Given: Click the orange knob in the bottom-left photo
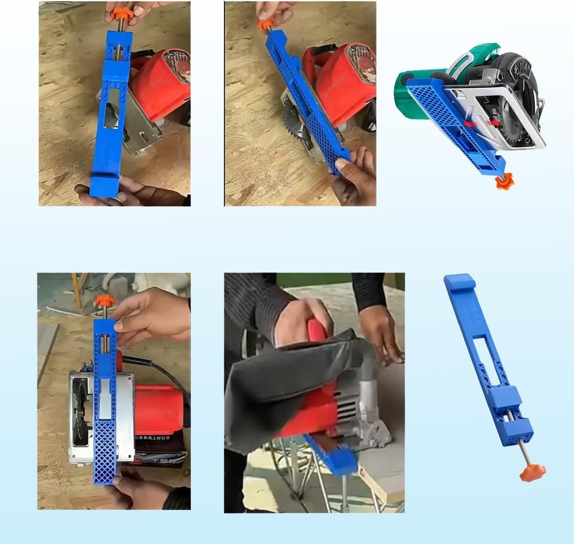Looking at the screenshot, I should pyautogui.click(x=102, y=302).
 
